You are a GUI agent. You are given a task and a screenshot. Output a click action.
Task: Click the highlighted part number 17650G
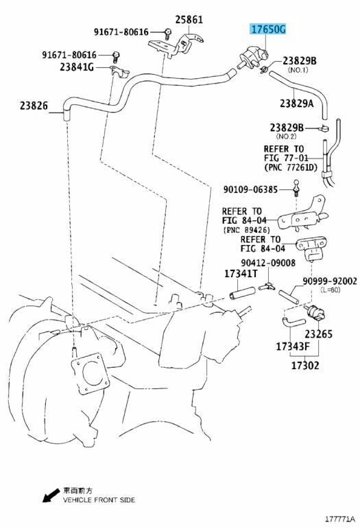tap(268, 30)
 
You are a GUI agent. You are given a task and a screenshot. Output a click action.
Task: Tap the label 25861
tap(189, 20)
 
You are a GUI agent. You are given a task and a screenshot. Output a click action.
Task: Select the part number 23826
tap(34, 106)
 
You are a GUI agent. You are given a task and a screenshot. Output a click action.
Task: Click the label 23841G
tap(77, 67)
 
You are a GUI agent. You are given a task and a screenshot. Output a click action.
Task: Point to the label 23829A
tap(296, 104)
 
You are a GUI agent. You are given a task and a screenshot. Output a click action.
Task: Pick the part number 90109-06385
tap(250, 190)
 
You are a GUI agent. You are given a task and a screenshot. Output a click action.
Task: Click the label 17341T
tap(241, 274)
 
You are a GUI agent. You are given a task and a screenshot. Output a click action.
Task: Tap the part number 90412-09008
tap(268, 263)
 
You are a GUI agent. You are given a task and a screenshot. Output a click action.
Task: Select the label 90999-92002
tap(330, 281)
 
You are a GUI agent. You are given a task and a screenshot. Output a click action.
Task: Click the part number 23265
tap(318, 334)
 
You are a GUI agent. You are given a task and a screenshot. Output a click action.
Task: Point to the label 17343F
tap(293, 347)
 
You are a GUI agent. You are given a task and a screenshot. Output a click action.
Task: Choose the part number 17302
tap(305, 365)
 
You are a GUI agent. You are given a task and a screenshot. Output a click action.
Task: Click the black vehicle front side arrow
tap(51, 495)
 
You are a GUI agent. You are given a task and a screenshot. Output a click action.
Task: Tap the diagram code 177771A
tap(339, 518)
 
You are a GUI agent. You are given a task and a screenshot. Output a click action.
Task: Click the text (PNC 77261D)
tap(291, 167)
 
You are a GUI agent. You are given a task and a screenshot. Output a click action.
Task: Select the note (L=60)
tap(330, 290)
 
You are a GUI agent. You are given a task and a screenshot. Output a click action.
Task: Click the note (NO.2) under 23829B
tap(287, 137)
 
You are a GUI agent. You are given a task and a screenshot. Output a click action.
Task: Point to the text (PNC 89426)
tap(246, 231)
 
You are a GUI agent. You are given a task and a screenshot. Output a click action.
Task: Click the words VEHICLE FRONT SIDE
tap(99, 500)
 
